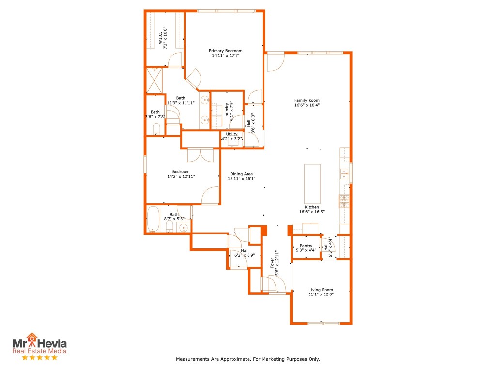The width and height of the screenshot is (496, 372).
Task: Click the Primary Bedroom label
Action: point(225,51)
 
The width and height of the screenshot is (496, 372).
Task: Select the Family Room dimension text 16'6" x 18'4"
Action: point(307,105)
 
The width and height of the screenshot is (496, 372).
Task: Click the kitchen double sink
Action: point(344,171)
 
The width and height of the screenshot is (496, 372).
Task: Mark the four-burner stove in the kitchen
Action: point(344,201)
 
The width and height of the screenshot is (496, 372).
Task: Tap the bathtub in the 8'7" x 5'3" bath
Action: point(153,219)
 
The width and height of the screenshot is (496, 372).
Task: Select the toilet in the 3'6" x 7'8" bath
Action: point(156,129)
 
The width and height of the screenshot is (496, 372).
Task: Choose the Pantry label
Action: point(306,246)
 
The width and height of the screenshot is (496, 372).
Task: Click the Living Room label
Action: point(321,290)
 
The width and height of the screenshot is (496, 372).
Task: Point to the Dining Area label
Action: point(241,174)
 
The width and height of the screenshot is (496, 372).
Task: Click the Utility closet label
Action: point(232,134)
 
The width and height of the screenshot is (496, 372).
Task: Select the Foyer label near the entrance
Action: point(272,263)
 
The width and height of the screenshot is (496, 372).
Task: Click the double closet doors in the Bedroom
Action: point(200,155)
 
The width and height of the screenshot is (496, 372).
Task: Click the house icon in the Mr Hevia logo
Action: point(32,337)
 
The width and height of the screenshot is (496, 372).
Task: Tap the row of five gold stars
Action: point(40,357)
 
